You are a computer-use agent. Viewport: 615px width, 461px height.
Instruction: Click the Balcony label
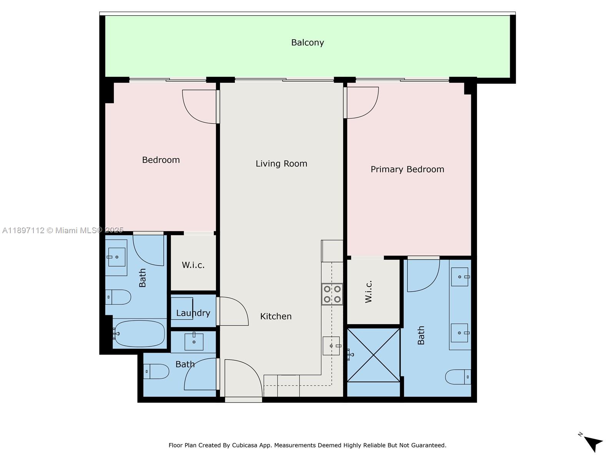pyautogui.click(x=307, y=43)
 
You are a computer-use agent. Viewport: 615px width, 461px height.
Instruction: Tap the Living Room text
pyautogui.click(x=281, y=164)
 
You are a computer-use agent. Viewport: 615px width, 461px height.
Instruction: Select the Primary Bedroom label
pyautogui.click(x=407, y=169)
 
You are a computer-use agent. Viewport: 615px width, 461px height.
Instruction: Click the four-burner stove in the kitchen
pyautogui.click(x=332, y=294)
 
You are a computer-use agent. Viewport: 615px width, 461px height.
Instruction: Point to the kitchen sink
pyautogui.click(x=331, y=346)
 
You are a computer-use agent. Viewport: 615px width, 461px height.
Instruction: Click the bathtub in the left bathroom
pyautogui.click(x=139, y=333)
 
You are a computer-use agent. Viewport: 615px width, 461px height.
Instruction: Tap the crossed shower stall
pyautogui.click(x=373, y=355)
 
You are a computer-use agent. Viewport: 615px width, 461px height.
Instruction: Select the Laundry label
pyautogui.click(x=193, y=313)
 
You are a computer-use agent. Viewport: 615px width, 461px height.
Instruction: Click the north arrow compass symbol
pyautogui.click(x=593, y=443)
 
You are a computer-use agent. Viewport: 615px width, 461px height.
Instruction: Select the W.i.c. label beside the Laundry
pyautogui.click(x=193, y=265)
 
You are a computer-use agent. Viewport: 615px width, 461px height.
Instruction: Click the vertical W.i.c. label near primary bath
pyautogui.click(x=369, y=292)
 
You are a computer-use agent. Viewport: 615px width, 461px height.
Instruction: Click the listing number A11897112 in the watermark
pyautogui.click(x=23, y=230)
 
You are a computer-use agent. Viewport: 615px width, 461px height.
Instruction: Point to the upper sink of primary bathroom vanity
pyautogui.click(x=460, y=277)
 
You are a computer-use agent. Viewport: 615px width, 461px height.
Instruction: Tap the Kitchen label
pyautogui.click(x=276, y=317)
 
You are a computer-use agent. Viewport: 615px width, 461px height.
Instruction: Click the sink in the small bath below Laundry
pyautogui.click(x=194, y=342)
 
